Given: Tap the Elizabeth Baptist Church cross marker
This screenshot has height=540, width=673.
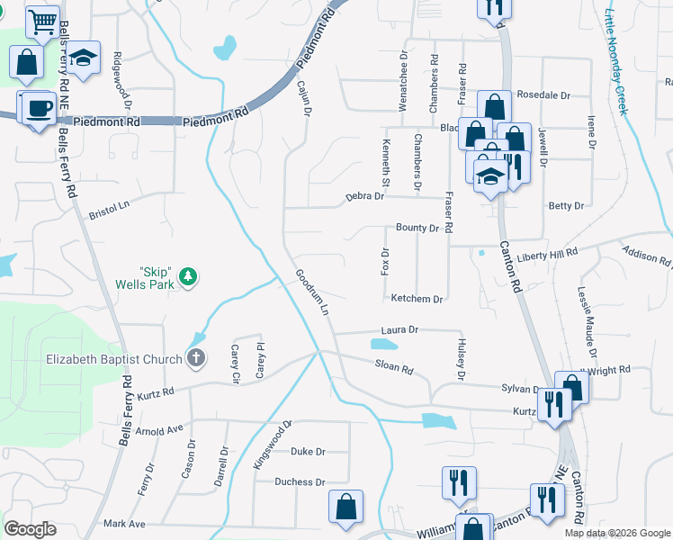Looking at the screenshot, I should pos(197,359).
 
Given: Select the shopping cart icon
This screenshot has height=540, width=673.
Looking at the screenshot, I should pos(41,22).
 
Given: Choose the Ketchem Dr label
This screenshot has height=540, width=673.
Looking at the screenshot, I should pos(417,299).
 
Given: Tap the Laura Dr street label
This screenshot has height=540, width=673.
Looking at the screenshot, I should pos(399,330).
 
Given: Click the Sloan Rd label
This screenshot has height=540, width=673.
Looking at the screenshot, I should pos(394,367).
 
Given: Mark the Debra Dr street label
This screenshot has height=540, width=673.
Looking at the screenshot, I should pos(365,197).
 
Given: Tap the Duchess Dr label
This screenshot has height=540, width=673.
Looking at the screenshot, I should pos(300,482).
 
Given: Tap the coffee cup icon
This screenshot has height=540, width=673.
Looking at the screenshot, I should pos(39,108).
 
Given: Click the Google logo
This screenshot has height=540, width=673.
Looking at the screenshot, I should pos(30,529).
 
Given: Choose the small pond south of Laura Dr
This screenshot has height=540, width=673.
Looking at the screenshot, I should pos(384,345).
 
